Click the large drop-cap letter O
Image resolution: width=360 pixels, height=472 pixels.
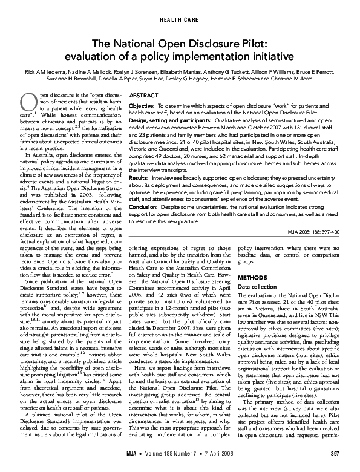[x=27, y=103]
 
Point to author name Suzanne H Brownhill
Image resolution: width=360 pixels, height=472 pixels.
[x=82, y=79]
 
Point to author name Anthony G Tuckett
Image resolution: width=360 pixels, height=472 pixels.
[x=227, y=71]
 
